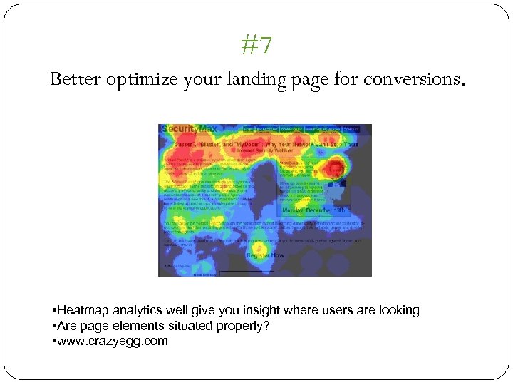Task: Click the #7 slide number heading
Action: (256, 46)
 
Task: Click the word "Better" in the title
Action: (76, 79)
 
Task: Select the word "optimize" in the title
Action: (138, 80)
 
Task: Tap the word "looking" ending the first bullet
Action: (399, 310)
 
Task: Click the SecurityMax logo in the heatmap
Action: (189, 129)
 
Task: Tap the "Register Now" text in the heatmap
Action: (265, 255)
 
